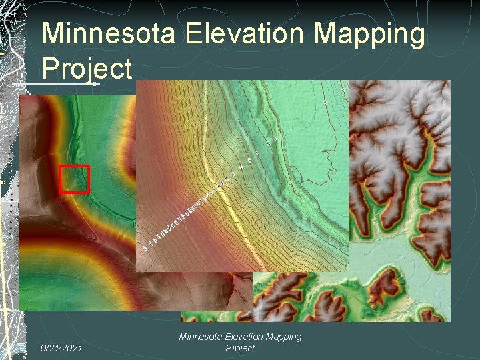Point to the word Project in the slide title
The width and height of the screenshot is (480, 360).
(87, 67)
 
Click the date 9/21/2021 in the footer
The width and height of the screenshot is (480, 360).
(62, 347)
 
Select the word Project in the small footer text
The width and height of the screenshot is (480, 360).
(240, 348)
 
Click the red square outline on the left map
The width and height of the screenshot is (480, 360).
(74, 179)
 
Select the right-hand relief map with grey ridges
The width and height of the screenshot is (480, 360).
(407, 167)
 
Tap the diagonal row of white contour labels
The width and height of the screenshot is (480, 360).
(193, 210)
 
